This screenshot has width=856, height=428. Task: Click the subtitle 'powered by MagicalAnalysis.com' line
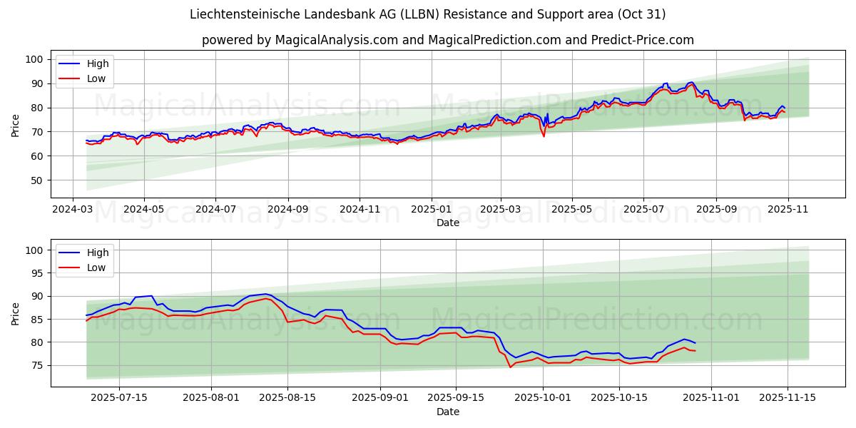pos(447,40)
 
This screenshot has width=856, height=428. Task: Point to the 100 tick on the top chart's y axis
pos(34,59)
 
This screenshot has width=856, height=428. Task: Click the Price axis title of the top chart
pos(16,126)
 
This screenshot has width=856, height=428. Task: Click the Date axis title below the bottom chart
pos(447,412)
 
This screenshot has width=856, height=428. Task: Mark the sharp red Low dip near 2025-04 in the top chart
pos(544,136)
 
